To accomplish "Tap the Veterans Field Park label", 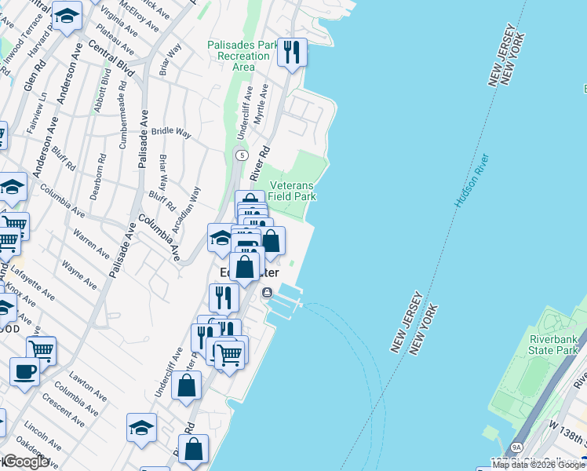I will click(x=292, y=190).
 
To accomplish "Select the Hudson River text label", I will click(x=472, y=181).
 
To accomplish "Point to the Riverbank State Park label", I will click(x=554, y=345).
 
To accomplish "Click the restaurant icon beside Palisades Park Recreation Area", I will click(x=292, y=53).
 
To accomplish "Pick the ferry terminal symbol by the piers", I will click(x=268, y=293).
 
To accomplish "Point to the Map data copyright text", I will click(x=538, y=465).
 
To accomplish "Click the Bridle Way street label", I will click(x=171, y=133).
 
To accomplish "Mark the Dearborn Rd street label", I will click(x=95, y=181).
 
